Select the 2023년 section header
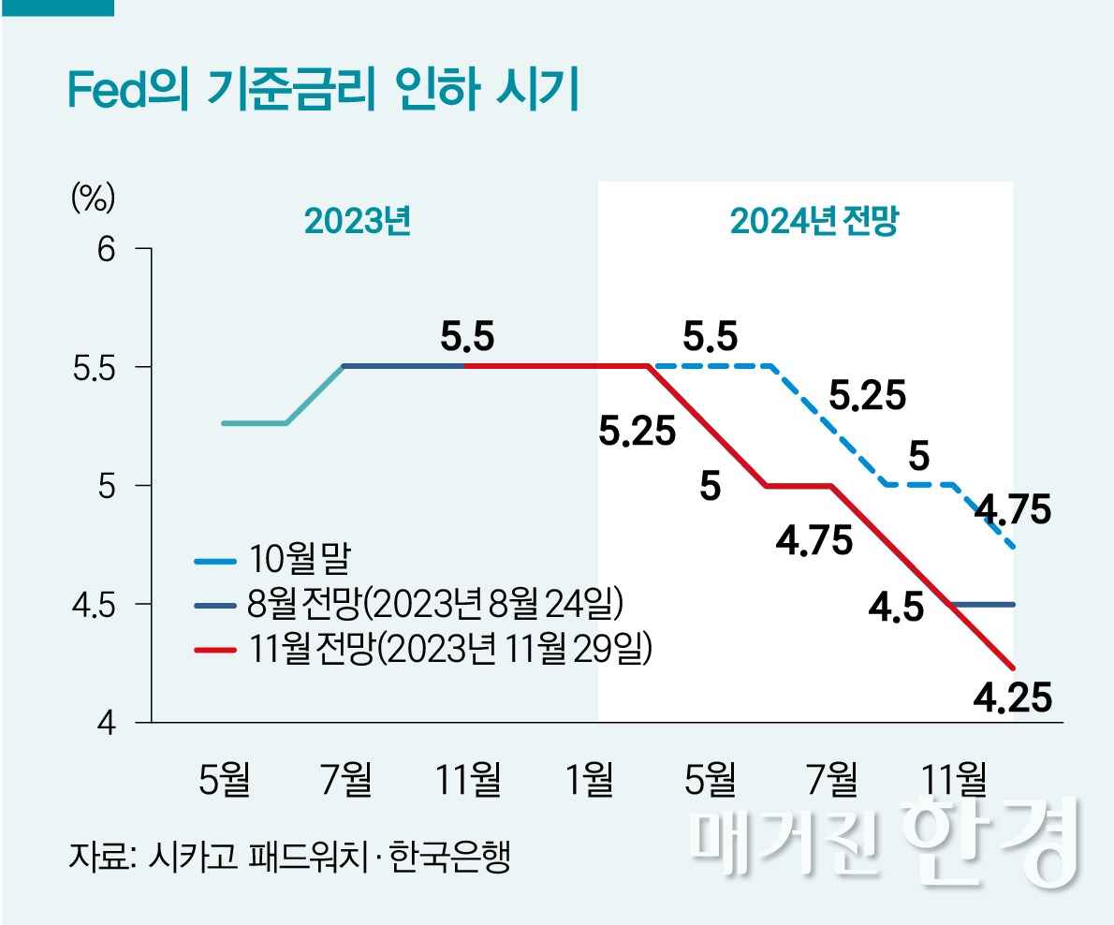[358, 222]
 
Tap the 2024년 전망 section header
[814, 222]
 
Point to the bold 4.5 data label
[896, 608]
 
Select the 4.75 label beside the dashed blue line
[1013, 511]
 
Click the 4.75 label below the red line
[814, 541]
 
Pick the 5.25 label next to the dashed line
[868, 397]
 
